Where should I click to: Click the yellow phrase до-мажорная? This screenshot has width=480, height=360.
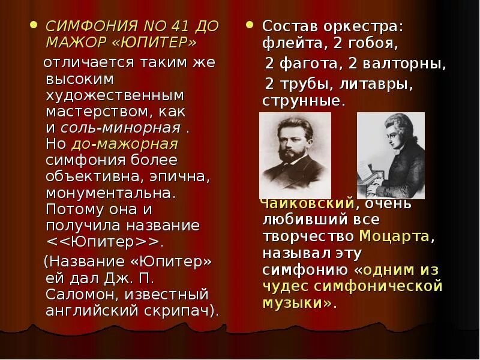[x=124, y=144]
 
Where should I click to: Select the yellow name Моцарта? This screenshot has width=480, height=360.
[x=394, y=236]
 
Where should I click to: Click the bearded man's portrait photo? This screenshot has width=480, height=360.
[x=295, y=155]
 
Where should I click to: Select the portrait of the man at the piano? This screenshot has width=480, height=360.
[x=391, y=155]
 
